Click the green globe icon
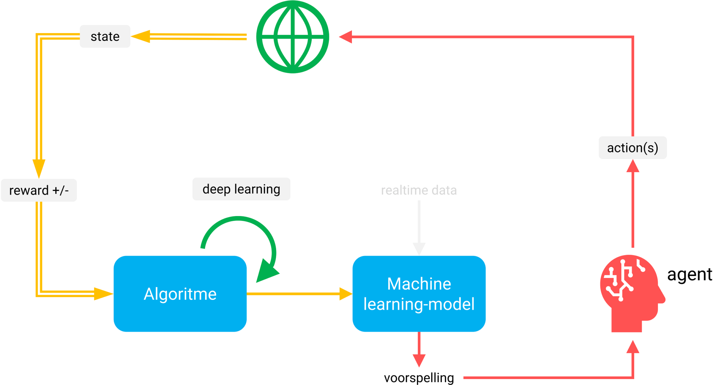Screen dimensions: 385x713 point(292,37)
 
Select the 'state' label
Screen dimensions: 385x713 point(105,37)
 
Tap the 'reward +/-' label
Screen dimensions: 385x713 point(39,190)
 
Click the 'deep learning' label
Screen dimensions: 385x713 point(241,189)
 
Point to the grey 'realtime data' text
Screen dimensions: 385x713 point(419,190)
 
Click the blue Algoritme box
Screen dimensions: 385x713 point(180,294)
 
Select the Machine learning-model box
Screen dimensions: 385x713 point(419,294)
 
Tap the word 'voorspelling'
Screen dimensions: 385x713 point(419,378)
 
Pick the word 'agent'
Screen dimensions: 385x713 point(689,275)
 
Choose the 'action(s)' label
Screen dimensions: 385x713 point(633,148)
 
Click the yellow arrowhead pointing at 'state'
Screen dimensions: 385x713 point(141,36)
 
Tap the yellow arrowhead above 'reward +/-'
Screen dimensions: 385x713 point(39,168)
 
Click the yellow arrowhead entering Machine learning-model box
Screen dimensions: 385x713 point(345,294)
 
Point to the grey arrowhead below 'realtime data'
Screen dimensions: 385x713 point(419,249)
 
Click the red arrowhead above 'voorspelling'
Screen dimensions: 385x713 point(419,360)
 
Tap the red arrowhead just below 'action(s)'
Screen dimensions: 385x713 point(633,166)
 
